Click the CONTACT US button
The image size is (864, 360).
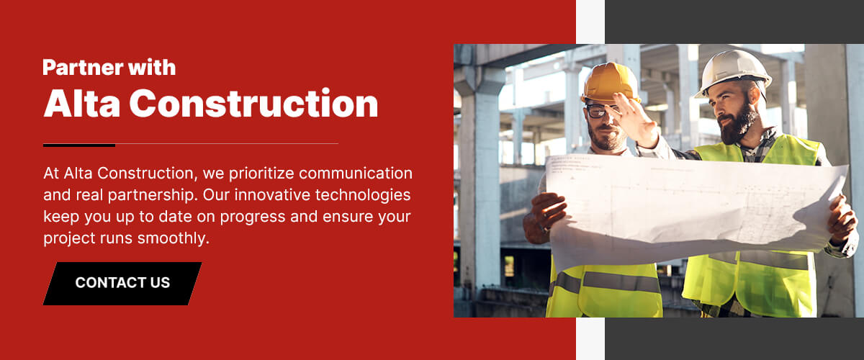click(122, 283)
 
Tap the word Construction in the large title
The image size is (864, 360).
click(253, 104)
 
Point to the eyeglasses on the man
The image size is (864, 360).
click(599, 111)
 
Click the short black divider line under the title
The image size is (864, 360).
click(79, 145)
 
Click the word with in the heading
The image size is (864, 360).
click(152, 68)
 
